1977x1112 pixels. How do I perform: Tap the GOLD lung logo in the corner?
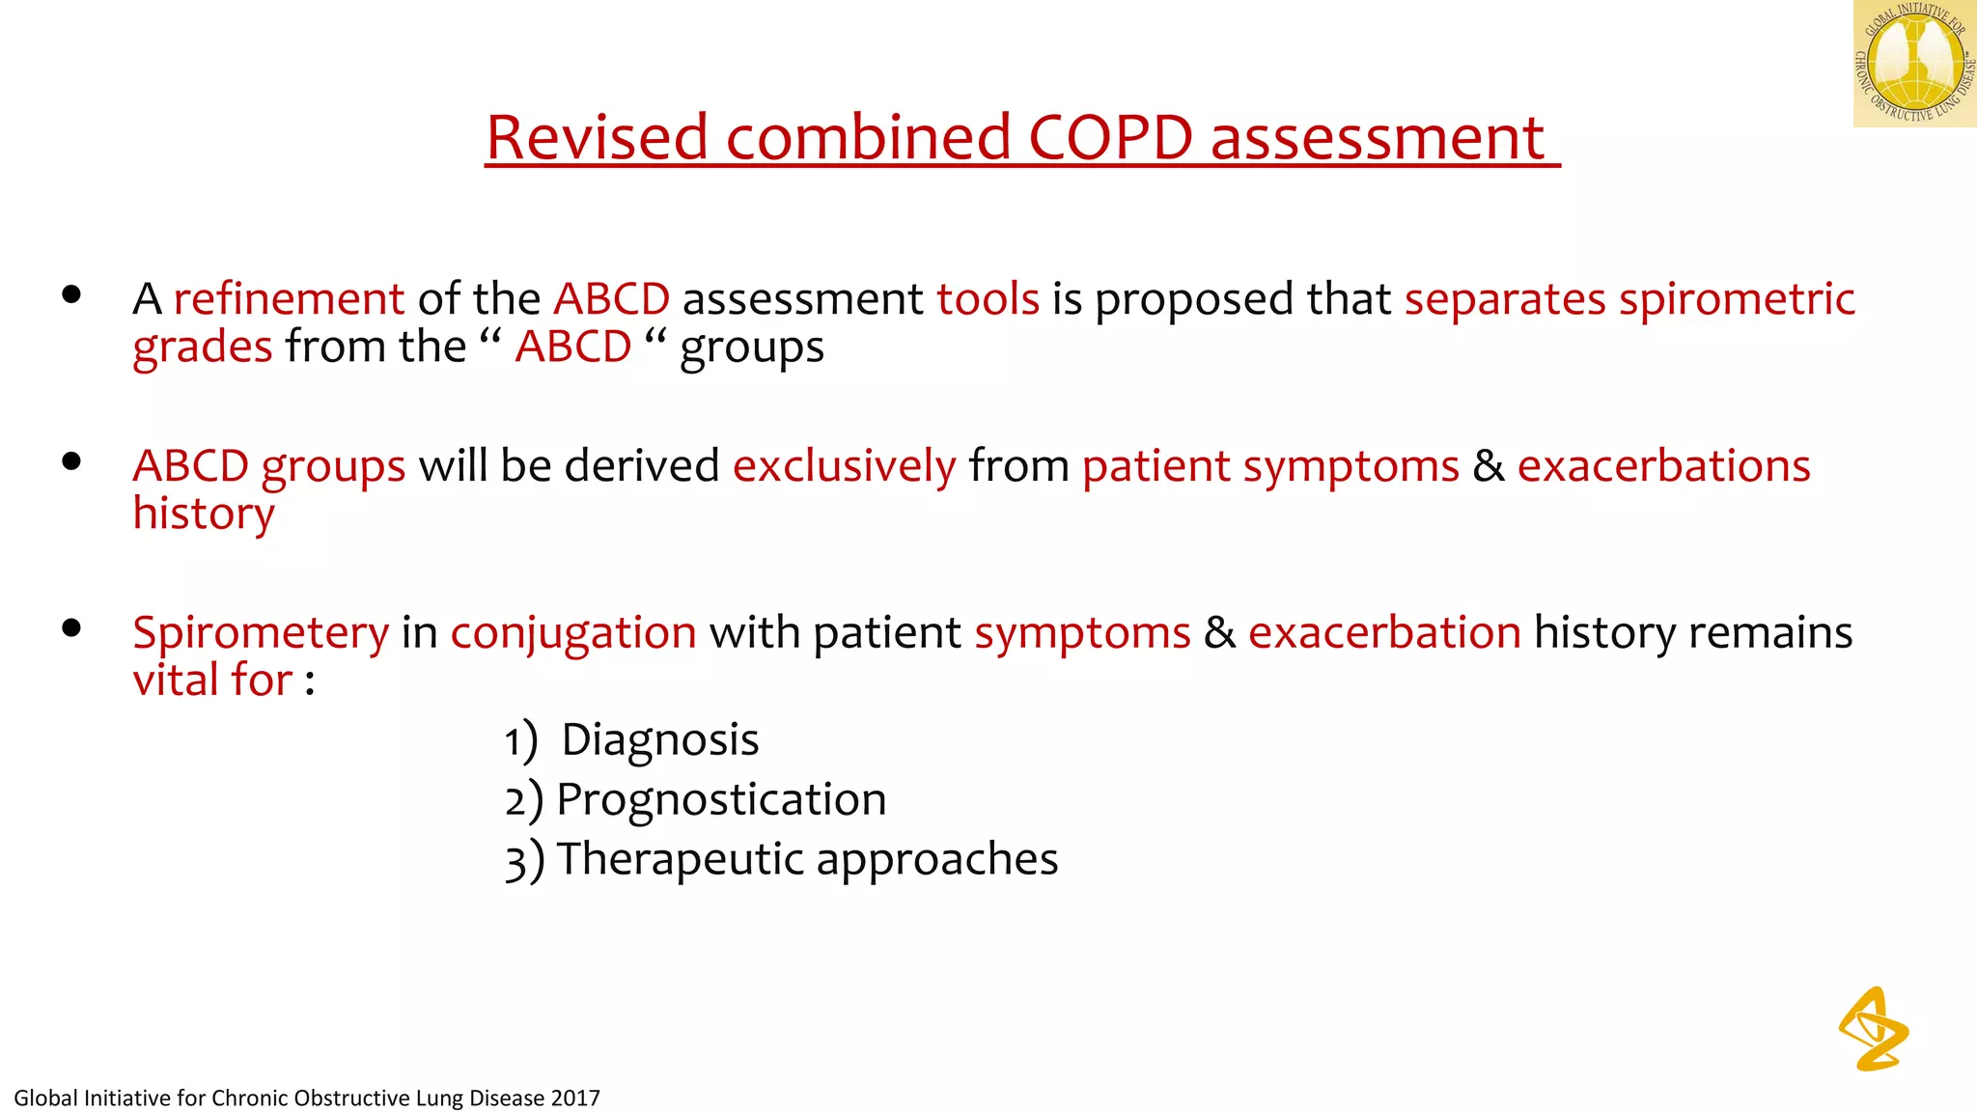pyautogui.click(x=1914, y=64)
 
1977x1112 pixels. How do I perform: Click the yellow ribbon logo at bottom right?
pyautogui.click(x=1874, y=1029)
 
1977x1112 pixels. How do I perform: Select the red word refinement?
pyautogui.click(x=289, y=298)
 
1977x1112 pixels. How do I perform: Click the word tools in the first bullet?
pyautogui.click(x=988, y=298)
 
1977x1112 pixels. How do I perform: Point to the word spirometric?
pyautogui.click(x=1737, y=298)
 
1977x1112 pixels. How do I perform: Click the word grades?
pyautogui.click(x=203, y=347)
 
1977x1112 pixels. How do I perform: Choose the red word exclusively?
pyautogui.click(x=845, y=466)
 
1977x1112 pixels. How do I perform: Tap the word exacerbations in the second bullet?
pyautogui.click(x=1663, y=466)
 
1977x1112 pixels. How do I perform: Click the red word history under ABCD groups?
pyautogui.click(x=204, y=514)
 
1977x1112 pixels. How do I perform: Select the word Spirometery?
pyautogui.click(x=261, y=633)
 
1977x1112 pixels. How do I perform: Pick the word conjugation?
pyautogui.click(x=573, y=633)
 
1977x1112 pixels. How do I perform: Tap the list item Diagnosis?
pyautogui.click(x=660, y=740)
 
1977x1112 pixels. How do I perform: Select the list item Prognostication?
pyautogui.click(x=721, y=800)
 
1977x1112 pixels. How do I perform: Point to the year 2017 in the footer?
pyautogui.click(x=575, y=1098)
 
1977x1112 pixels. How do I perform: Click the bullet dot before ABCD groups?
pyautogui.click(x=71, y=461)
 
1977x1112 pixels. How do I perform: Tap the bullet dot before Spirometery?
pyautogui.click(x=71, y=628)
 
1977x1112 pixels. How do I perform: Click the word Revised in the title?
pyautogui.click(x=598, y=137)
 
